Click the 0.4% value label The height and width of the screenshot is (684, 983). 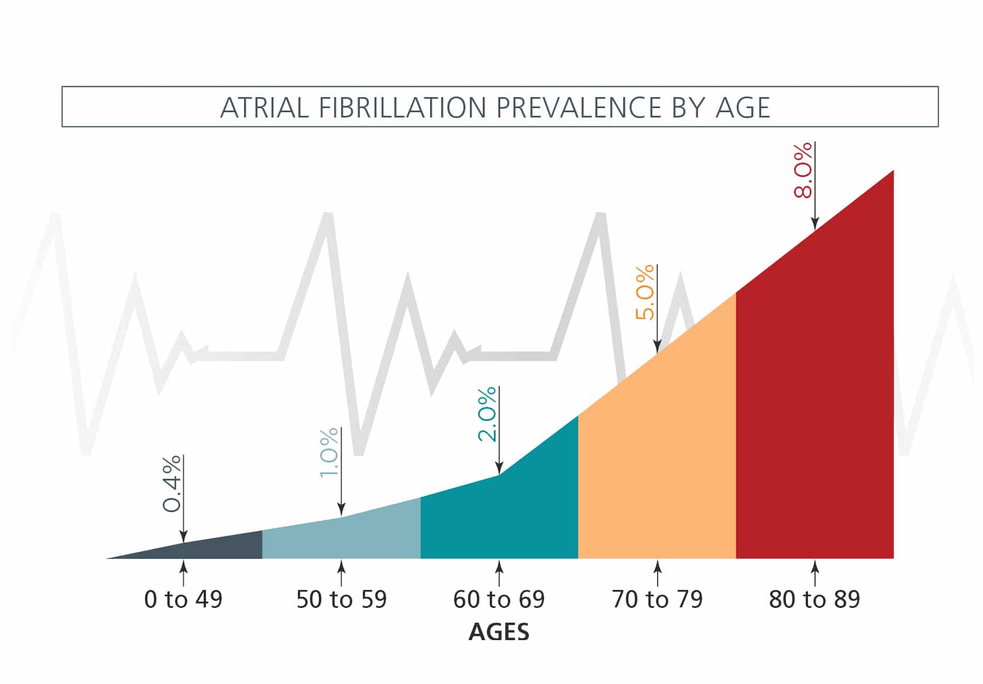171,484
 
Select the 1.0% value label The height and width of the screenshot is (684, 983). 329,452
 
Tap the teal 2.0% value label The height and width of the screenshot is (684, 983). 487,414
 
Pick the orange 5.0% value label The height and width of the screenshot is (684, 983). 645,292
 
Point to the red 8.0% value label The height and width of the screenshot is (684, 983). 803,170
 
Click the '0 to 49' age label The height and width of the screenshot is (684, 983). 183,600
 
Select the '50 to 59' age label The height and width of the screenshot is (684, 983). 341,600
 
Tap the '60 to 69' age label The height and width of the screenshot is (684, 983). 499,600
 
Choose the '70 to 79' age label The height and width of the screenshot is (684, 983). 657,600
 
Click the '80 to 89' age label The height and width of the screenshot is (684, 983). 814,600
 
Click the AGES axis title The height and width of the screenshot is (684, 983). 499,633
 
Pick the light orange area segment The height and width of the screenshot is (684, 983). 657,468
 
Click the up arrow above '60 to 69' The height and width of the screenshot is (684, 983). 499,573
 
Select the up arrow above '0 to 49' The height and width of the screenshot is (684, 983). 183,573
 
